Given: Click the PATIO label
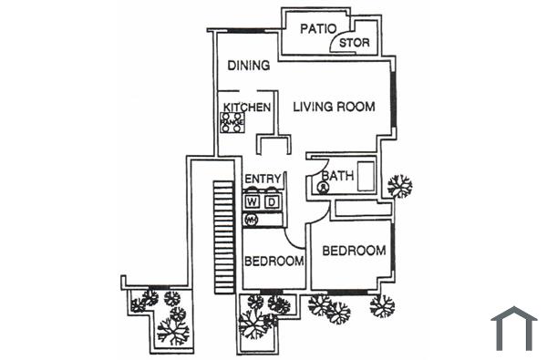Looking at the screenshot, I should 320,28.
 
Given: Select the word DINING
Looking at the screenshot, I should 248,66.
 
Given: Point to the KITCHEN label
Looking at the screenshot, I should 247,108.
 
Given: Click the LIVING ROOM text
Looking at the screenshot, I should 334,107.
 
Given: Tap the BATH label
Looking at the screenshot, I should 337,175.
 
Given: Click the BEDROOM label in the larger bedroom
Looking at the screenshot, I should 354,251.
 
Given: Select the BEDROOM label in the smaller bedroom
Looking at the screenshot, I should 273,262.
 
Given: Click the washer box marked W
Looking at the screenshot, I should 253,201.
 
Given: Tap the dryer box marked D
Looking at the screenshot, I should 271,201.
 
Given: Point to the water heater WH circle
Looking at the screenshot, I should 252,220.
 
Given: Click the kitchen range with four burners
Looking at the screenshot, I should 232,122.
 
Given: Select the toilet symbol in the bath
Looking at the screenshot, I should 323,188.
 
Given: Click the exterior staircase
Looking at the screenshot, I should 223,237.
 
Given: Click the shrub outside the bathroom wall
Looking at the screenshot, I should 398,186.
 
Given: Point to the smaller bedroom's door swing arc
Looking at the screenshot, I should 294,239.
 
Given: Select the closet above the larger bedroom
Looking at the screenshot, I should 362,210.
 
